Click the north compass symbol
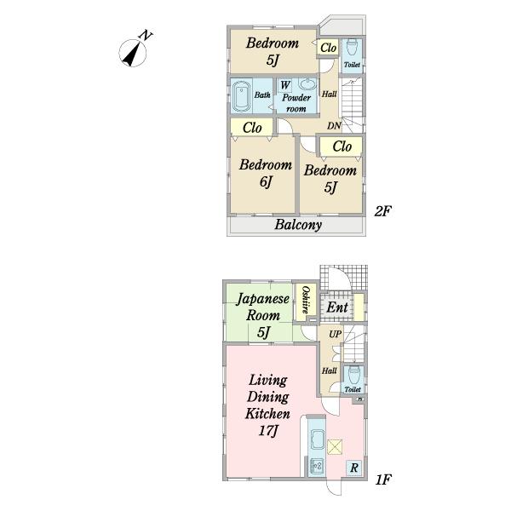[133, 52]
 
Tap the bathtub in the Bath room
[241, 95]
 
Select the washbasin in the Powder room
[307, 84]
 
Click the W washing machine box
[285, 85]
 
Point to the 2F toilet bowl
[352, 48]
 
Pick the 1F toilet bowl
[353, 375]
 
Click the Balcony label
[298, 225]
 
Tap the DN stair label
[334, 125]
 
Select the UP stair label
[335, 334]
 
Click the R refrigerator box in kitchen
[354, 468]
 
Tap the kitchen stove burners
[317, 465]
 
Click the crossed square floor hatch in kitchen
[335, 447]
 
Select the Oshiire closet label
[306, 300]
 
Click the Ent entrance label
[337, 307]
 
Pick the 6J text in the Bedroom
[266, 181]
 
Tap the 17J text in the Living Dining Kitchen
[268, 431]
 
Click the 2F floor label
[382, 211]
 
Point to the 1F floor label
[383, 479]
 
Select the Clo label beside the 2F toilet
[328, 48]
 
